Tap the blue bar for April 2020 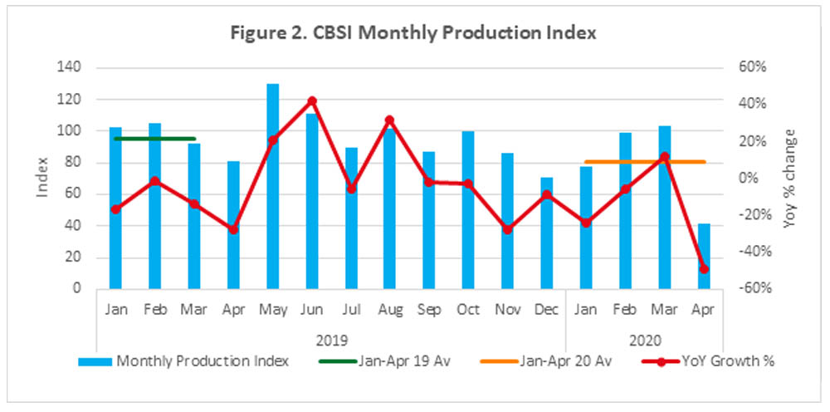coord(704,257)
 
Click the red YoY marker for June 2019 coord(312,101)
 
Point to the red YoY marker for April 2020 coord(704,269)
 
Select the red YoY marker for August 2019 coord(389,120)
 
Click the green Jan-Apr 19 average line coord(154,139)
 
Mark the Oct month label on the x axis coord(467,310)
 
